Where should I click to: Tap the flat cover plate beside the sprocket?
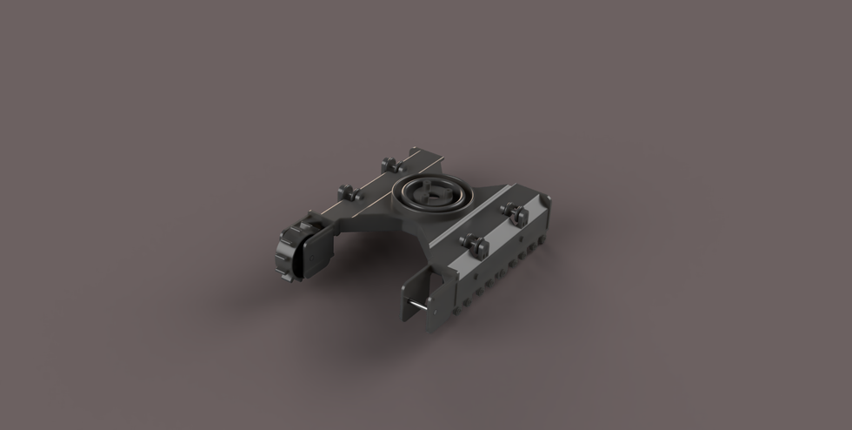click(x=310, y=254)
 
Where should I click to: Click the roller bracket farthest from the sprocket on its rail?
click(x=388, y=163)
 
